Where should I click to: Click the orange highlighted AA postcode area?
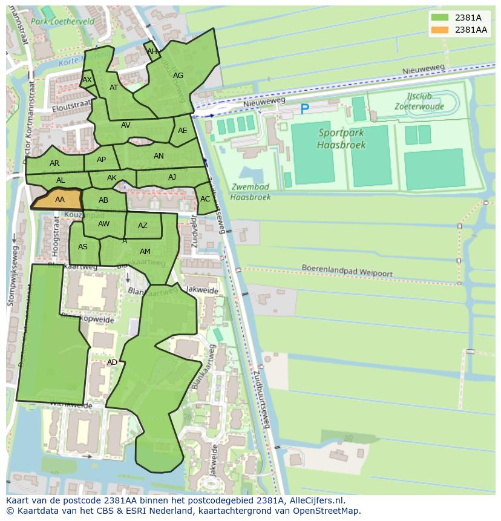click(x=59, y=200)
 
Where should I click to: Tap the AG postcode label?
click(x=178, y=76)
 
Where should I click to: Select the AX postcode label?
click(x=87, y=80)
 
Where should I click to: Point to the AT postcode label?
click(x=114, y=88)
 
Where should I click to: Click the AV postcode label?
click(x=126, y=126)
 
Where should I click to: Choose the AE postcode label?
click(x=183, y=131)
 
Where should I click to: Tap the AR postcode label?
click(x=54, y=163)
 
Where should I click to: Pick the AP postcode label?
click(x=101, y=160)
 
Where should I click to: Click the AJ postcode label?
click(x=172, y=177)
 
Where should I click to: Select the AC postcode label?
click(x=205, y=199)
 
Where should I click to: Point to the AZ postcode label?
click(x=143, y=226)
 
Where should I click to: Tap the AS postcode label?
click(x=83, y=246)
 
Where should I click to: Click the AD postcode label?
click(x=112, y=362)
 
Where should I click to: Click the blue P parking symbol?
click(x=304, y=110)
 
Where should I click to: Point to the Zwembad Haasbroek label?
click(x=250, y=192)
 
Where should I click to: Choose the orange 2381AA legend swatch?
click(x=440, y=30)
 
